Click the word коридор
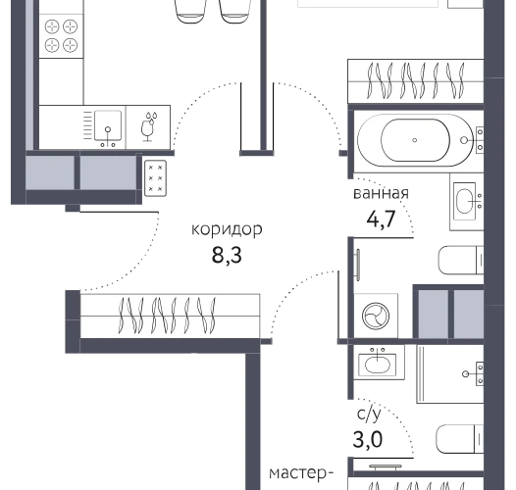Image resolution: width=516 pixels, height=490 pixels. pyautogui.click(x=227, y=229)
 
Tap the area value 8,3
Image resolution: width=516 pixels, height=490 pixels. pyautogui.click(x=227, y=255)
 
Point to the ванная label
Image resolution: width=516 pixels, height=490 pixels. pyautogui.click(x=381, y=193)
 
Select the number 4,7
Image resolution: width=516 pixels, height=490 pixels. pyautogui.click(x=381, y=219)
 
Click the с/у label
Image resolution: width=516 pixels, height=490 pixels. pyautogui.click(x=369, y=415)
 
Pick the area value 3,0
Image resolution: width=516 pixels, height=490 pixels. pyautogui.click(x=368, y=440)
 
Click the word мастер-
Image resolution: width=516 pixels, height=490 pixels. pyautogui.click(x=301, y=473)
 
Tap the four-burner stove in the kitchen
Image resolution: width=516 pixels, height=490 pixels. pyautogui.click(x=61, y=36)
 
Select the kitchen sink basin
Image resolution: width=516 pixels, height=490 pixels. pyautogui.click(x=108, y=125)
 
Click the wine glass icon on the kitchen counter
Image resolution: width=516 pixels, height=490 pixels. pyautogui.click(x=148, y=127)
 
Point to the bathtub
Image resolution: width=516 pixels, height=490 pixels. pyautogui.click(x=416, y=140)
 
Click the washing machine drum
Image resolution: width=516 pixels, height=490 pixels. pyautogui.click(x=376, y=316)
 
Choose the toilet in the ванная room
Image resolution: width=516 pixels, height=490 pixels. pyautogui.click(x=461, y=260)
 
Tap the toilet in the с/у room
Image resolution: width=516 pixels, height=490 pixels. pyautogui.click(x=459, y=439)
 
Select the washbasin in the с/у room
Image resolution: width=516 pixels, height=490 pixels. pyautogui.click(x=378, y=363)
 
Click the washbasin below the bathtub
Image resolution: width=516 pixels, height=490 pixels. pyautogui.click(x=465, y=201)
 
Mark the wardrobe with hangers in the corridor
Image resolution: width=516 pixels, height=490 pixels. pyautogui.click(x=170, y=316)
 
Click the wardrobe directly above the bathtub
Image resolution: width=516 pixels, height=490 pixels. pyautogui.click(x=416, y=81)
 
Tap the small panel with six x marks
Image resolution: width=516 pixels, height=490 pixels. pyautogui.click(x=155, y=178)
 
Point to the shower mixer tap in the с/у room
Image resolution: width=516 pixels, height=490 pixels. pyautogui.click(x=474, y=373)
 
